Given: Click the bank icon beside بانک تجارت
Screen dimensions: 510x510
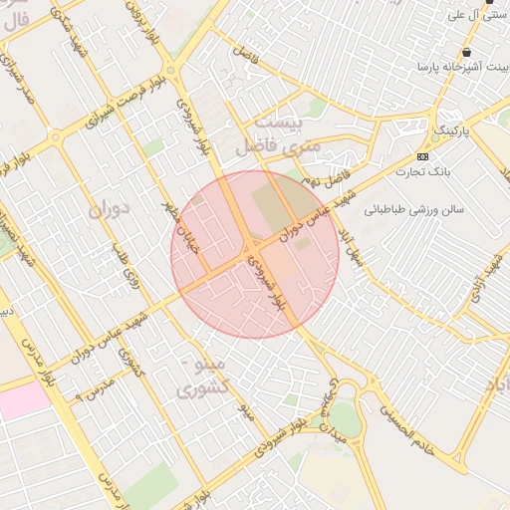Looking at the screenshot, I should (423, 156).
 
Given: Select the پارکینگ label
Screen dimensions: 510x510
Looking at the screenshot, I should (450, 130).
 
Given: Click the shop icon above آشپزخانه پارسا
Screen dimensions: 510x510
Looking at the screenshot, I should (466, 53).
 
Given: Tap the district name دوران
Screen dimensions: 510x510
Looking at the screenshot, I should (109, 211).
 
